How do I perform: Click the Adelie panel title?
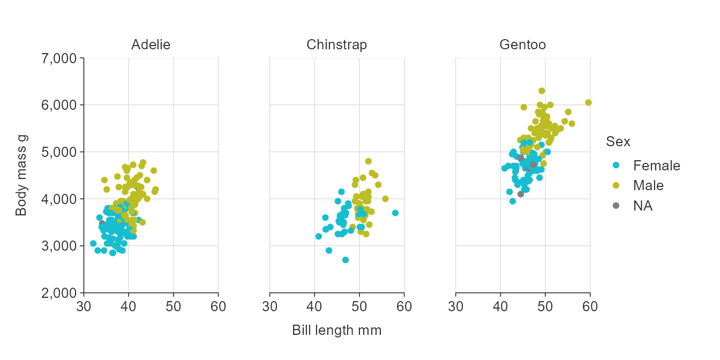[x=151, y=45]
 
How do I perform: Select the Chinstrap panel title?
[x=336, y=45]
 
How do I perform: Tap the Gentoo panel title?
[x=522, y=45]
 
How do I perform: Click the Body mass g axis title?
[x=21, y=175]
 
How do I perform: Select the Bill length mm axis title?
[x=336, y=331]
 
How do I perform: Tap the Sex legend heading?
[x=618, y=142]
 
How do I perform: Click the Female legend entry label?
[x=656, y=166]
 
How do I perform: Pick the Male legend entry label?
[x=648, y=186]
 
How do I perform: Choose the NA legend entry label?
[x=642, y=206]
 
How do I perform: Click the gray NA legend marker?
[x=616, y=206]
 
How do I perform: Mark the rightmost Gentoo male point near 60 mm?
[x=588, y=102]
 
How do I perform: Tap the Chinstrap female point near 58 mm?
[x=395, y=213]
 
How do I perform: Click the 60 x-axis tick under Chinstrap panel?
[x=404, y=306]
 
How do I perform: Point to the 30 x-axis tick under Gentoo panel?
[x=455, y=306]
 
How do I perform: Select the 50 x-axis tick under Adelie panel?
[x=173, y=306]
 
